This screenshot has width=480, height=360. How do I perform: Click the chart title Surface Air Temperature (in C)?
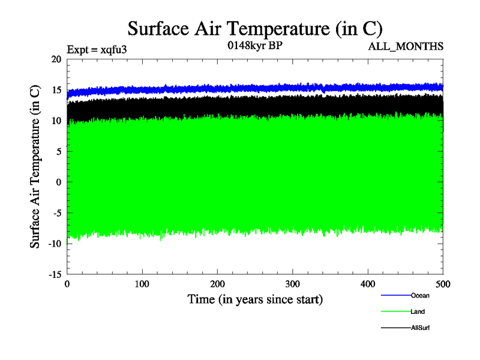pyautogui.click(x=255, y=28)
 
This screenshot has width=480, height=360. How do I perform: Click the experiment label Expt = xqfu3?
pyautogui.click(x=96, y=52)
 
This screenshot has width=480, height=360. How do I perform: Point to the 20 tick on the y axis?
pyautogui.click(x=56, y=59)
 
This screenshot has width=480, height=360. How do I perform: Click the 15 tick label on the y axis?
pyautogui.click(x=56, y=90)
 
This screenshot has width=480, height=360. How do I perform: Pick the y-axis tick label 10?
pyautogui.click(x=56, y=121)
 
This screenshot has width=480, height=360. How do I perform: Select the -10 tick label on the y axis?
pyautogui.click(x=55, y=243)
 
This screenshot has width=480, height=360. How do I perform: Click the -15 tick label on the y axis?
pyautogui.click(x=55, y=274)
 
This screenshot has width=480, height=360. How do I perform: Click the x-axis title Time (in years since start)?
pyautogui.click(x=255, y=299)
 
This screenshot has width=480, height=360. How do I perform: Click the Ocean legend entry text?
pyautogui.click(x=420, y=295)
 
